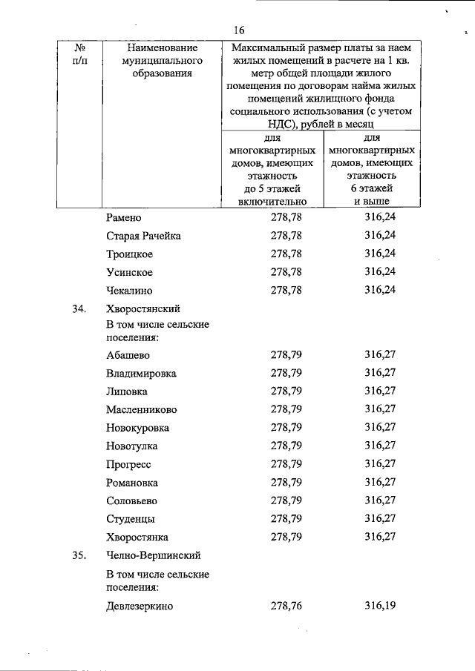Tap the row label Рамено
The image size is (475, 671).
[x=124, y=218]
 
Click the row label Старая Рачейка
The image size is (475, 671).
[x=143, y=236]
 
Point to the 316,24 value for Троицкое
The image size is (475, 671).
[x=380, y=254]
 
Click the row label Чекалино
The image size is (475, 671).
[x=129, y=290]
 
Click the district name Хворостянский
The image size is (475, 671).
[x=143, y=308]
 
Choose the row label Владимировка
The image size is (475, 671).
[x=141, y=374]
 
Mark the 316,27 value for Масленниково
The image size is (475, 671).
[x=380, y=409]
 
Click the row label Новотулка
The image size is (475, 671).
[x=132, y=446]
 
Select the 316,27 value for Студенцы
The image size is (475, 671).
[x=380, y=518]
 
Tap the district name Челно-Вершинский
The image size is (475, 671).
[x=153, y=555]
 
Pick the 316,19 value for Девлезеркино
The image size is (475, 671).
[x=380, y=606]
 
